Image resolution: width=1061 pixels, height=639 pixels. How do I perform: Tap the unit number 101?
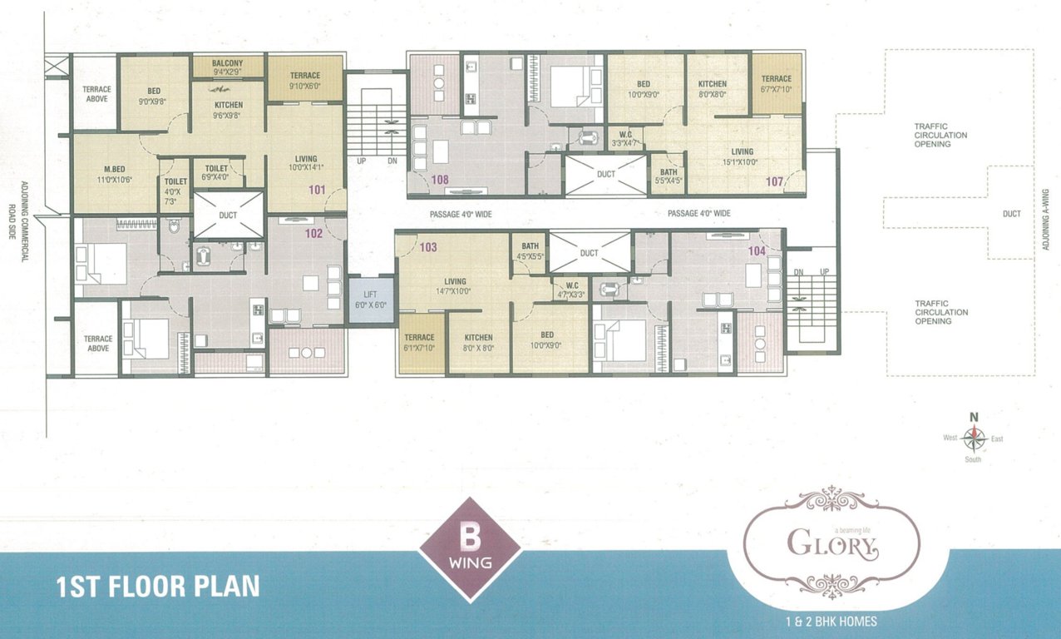tap(316, 189)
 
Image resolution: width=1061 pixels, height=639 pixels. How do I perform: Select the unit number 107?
tap(775, 181)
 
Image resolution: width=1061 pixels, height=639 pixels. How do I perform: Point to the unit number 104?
tap(757, 250)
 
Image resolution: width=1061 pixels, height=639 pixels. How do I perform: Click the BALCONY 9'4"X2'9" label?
tap(228, 67)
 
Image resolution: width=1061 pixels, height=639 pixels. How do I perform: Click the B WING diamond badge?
tap(471, 549)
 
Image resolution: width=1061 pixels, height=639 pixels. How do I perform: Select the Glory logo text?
tap(832, 546)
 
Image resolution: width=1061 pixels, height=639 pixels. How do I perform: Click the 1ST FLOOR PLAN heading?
tap(157, 587)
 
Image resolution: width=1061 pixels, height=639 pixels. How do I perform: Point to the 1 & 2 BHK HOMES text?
tap(832, 621)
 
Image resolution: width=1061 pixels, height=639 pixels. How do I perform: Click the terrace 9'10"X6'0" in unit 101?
tap(305, 80)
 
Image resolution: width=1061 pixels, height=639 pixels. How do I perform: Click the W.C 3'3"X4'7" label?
tap(625, 138)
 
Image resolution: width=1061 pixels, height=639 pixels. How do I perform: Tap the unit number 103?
tap(428, 247)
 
